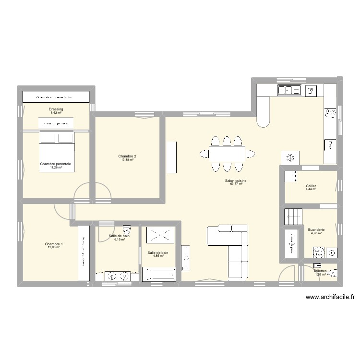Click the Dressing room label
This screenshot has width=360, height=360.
point(56,109)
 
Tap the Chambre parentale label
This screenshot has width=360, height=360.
point(56,164)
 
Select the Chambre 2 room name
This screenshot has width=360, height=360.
point(127,156)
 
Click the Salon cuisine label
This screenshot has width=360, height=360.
point(236,180)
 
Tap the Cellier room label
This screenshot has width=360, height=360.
point(311,186)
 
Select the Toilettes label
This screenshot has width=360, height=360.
point(321,271)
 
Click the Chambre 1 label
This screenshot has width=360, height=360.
point(54,244)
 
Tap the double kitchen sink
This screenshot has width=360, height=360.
point(289,90)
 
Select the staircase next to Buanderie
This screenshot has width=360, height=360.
point(293,216)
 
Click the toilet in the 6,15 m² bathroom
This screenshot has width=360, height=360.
point(127,228)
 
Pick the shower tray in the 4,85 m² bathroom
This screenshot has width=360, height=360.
point(159,234)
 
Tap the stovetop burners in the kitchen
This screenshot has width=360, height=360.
point(330,113)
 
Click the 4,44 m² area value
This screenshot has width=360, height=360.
point(311,189)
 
